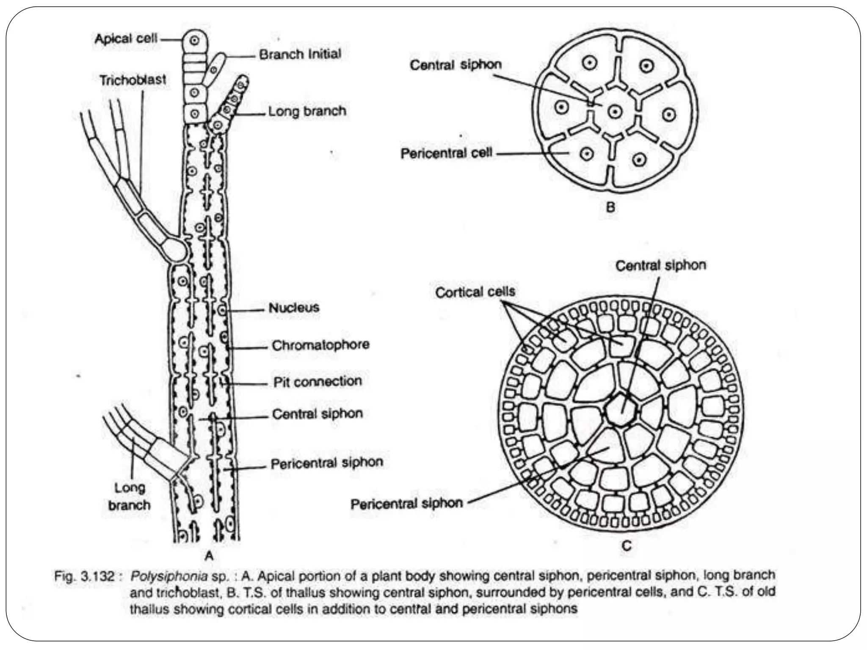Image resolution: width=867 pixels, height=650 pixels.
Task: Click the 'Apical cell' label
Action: (x=126, y=39)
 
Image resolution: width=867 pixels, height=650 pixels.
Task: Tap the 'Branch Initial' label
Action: (x=300, y=54)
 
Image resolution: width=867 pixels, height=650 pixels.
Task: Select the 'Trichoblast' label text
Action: (x=133, y=80)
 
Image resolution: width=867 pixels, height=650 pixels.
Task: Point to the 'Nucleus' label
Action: (x=294, y=307)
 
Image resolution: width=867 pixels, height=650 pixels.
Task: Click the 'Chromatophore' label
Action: (x=320, y=345)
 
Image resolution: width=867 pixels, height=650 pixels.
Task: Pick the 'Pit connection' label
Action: (x=318, y=381)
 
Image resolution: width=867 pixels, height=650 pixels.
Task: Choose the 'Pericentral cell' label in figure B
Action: (x=446, y=153)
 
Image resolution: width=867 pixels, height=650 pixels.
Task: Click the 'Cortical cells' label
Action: (x=475, y=292)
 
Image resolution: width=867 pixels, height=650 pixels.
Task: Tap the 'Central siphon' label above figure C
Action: (x=660, y=265)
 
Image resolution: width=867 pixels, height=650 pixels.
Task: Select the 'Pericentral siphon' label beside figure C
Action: (x=406, y=504)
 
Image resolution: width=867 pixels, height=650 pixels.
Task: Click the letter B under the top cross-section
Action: (x=610, y=207)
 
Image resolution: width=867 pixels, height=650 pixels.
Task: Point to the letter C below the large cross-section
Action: (x=627, y=545)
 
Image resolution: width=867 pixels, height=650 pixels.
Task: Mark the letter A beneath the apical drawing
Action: (x=209, y=555)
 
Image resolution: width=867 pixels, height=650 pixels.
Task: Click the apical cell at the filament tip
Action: (x=195, y=41)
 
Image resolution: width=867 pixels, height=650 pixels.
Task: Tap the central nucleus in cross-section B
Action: (x=615, y=112)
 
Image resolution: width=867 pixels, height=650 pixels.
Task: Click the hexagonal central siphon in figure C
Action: (x=620, y=409)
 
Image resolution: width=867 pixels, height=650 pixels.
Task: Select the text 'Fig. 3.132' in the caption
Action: (x=84, y=576)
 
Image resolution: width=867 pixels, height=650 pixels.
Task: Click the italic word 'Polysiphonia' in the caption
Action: (x=169, y=576)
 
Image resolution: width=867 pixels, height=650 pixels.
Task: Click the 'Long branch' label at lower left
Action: (x=129, y=496)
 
